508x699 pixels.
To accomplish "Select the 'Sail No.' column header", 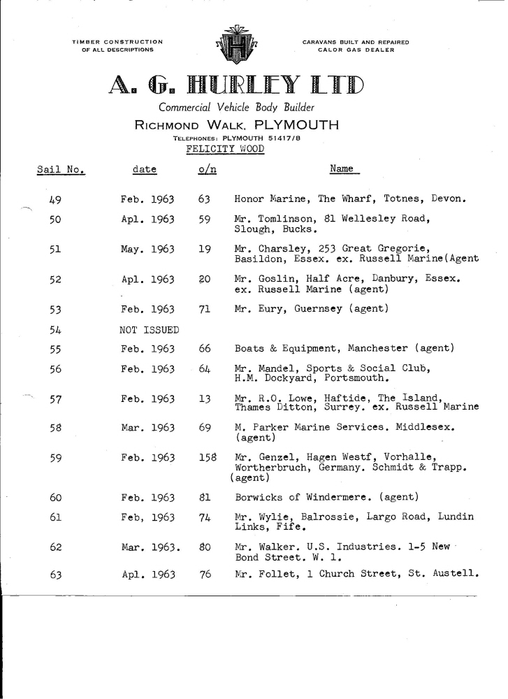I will (59, 169).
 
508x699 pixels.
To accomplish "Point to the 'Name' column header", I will (342, 168).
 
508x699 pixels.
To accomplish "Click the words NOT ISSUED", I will (150, 329).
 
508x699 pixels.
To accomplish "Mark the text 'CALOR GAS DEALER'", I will (356, 50).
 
